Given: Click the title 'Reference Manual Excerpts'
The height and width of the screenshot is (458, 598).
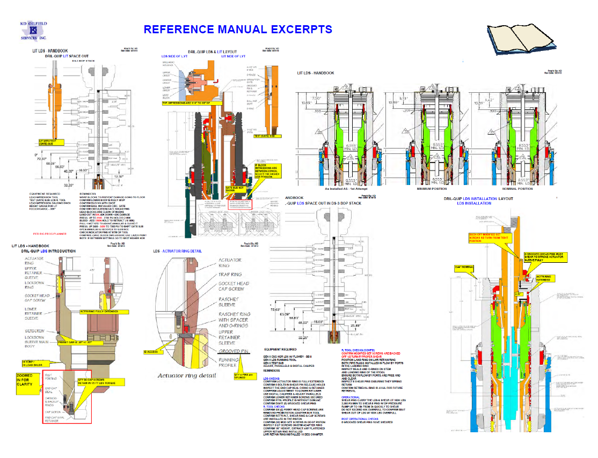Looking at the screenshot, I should [x=238, y=29].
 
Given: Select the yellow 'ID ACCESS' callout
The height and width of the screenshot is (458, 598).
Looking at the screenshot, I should [x=151, y=352].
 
